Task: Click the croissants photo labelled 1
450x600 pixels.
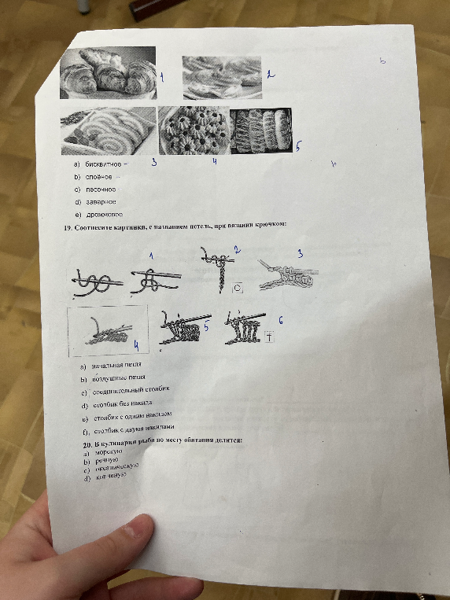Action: (107, 72)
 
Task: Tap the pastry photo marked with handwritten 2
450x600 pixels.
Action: (222, 75)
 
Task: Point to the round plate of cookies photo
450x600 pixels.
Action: (194, 131)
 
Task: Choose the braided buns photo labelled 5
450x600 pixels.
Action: (260, 131)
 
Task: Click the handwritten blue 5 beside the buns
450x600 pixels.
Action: (298, 146)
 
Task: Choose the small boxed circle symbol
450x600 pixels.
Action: (238, 289)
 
